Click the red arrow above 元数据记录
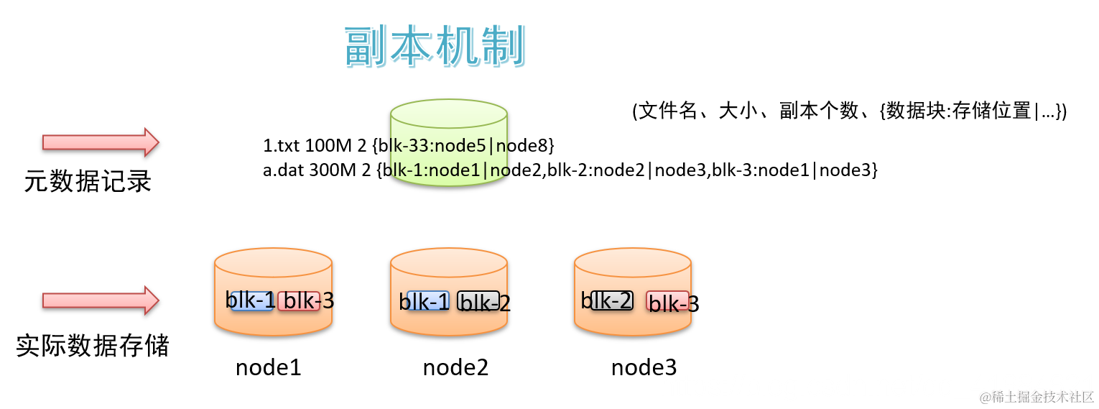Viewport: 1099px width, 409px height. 100,142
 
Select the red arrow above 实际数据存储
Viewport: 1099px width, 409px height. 100,300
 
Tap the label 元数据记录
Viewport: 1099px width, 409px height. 88,182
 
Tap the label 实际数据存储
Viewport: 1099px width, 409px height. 93,346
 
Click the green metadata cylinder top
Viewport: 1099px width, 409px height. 449,114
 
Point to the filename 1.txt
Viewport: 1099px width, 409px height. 282,147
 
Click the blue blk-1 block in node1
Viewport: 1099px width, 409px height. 251,301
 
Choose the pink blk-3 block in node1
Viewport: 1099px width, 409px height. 299,301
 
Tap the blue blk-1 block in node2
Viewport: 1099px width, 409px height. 428,301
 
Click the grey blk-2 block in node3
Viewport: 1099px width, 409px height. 612,300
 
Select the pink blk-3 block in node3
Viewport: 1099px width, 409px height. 667,302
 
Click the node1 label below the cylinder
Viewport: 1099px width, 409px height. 268,368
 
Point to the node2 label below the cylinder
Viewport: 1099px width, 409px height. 455,368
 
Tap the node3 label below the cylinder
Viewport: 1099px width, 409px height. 644,368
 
